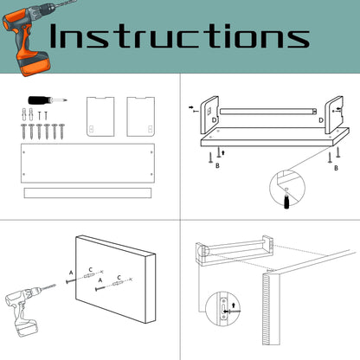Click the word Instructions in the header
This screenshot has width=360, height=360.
click(179, 36)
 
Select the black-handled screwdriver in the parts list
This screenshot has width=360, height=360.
click(48, 100)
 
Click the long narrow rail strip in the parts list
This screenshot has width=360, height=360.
click(87, 193)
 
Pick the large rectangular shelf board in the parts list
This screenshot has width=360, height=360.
click(87, 163)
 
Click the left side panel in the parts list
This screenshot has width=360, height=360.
click(100, 117)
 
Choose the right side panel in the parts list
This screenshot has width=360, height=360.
click(141, 117)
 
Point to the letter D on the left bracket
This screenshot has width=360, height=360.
click(215, 119)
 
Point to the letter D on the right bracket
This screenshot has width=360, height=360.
click(321, 119)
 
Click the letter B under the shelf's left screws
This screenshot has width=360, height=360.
click(217, 165)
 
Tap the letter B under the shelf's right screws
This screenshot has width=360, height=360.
click(336, 168)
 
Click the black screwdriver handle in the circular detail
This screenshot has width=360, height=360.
click(286, 201)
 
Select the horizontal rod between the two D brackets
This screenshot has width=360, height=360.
click(268, 112)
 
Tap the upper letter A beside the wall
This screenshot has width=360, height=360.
click(71, 273)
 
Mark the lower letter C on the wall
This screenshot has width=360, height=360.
click(119, 278)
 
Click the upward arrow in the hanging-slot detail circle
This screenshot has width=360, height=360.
click(234, 305)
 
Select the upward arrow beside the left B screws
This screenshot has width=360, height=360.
click(222, 152)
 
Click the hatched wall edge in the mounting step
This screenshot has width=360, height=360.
click(267, 309)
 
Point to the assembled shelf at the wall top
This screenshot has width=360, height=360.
click(235, 250)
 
